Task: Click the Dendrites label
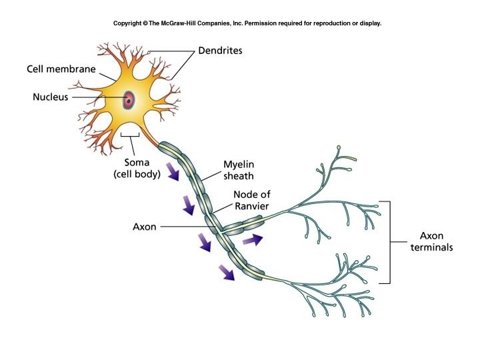pos(219,51)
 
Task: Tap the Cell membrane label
pos(61,69)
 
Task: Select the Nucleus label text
pos(51,97)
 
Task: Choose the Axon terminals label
pos(436,241)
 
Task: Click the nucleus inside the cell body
pos(128,101)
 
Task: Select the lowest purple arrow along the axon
pos(227,271)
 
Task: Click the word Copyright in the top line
pos(127,23)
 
